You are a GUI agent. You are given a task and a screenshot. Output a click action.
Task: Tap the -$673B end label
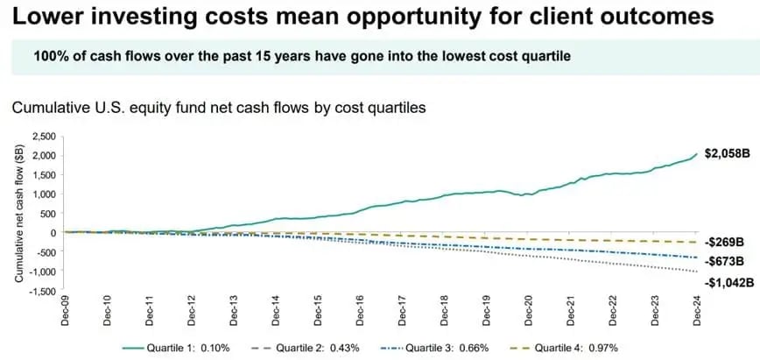pyautogui.click(x=726, y=261)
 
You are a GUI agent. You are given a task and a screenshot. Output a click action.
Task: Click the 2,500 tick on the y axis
pyautogui.click(x=43, y=137)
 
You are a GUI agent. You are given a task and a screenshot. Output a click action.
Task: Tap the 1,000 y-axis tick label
pyautogui.click(x=43, y=194)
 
